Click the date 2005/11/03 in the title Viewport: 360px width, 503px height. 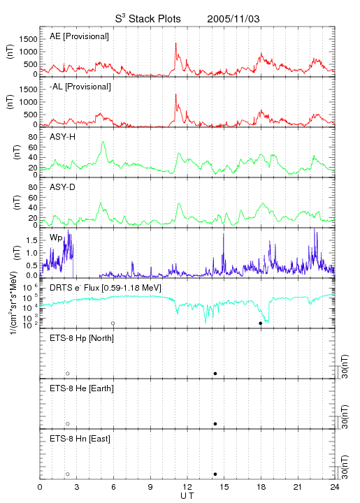pyautogui.click(x=233, y=19)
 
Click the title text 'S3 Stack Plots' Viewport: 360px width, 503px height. pyautogui.click(x=148, y=19)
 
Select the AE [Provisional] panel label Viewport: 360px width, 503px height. pyautogui.click(x=79, y=36)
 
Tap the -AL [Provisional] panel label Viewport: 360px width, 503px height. pyautogui.click(x=80, y=87)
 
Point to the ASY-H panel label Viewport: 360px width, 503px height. pyautogui.click(x=63, y=137)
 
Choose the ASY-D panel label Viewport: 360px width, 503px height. pyautogui.click(x=63, y=187)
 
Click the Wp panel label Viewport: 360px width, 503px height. pyautogui.click(x=56, y=238)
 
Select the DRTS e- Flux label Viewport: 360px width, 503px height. pyautogui.click(x=106, y=288)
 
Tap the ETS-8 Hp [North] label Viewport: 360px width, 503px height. pyautogui.click(x=82, y=338)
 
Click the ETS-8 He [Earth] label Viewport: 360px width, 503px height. pyautogui.click(x=82, y=388)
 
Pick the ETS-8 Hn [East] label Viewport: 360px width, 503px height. pyautogui.click(x=80, y=439)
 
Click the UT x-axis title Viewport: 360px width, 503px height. pyautogui.click(x=187, y=496)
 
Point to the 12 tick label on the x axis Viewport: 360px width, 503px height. pyautogui.click(x=187, y=487)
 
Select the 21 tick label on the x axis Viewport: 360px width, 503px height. pyautogui.click(x=298, y=487)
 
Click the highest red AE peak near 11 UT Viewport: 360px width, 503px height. pyautogui.click(x=175, y=43)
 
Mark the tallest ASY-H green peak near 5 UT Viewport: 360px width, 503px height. pyautogui.click(x=103, y=142)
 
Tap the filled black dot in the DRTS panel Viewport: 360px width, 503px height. pyautogui.click(x=261, y=323)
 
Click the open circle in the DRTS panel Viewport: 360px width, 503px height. pyautogui.click(x=113, y=323)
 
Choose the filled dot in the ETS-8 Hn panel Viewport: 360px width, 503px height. pyautogui.click(x=215, y=474)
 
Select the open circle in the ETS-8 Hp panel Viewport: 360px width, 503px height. pyautogui.click(x=68, y=374)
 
